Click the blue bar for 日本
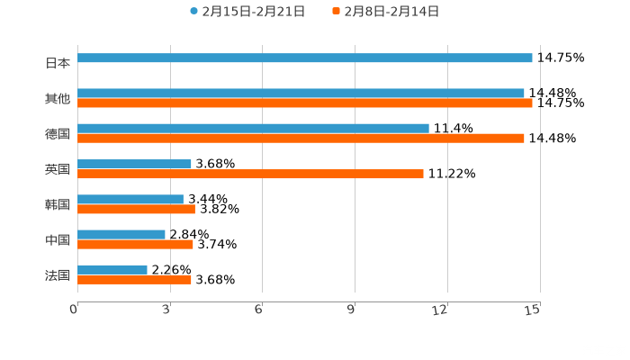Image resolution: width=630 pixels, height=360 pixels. (x=305, y=58)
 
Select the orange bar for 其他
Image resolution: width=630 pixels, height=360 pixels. (x=305, y=103)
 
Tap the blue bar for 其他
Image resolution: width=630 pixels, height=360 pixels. (x=301, y=93)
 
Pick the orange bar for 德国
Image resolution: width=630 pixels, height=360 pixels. (x=301, y=139)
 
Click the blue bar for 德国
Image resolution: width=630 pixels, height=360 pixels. (x=253, y=128)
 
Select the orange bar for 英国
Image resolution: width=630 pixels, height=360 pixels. (x=250, y=174)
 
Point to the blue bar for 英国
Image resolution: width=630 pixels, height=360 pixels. (x=134, y=164)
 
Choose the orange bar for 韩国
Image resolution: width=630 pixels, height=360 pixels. (x=136, y=210)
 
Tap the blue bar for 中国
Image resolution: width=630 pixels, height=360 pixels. (x=121, y=234)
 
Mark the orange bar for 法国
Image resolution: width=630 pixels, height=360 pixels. (x=134, y=280)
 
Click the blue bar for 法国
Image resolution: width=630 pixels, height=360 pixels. (x=112, y=269)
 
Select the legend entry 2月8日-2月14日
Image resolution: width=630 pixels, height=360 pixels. (x=391, y=12)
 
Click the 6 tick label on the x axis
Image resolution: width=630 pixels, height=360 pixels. (x=258, y=310)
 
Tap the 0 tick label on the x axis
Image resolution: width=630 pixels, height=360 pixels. (x=74, y=310)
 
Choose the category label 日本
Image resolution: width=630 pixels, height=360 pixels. (x=58, y=64)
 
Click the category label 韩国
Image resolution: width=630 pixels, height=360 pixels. (x=58, y=204)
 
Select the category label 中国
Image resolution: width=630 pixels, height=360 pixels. (x=58, y=239)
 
